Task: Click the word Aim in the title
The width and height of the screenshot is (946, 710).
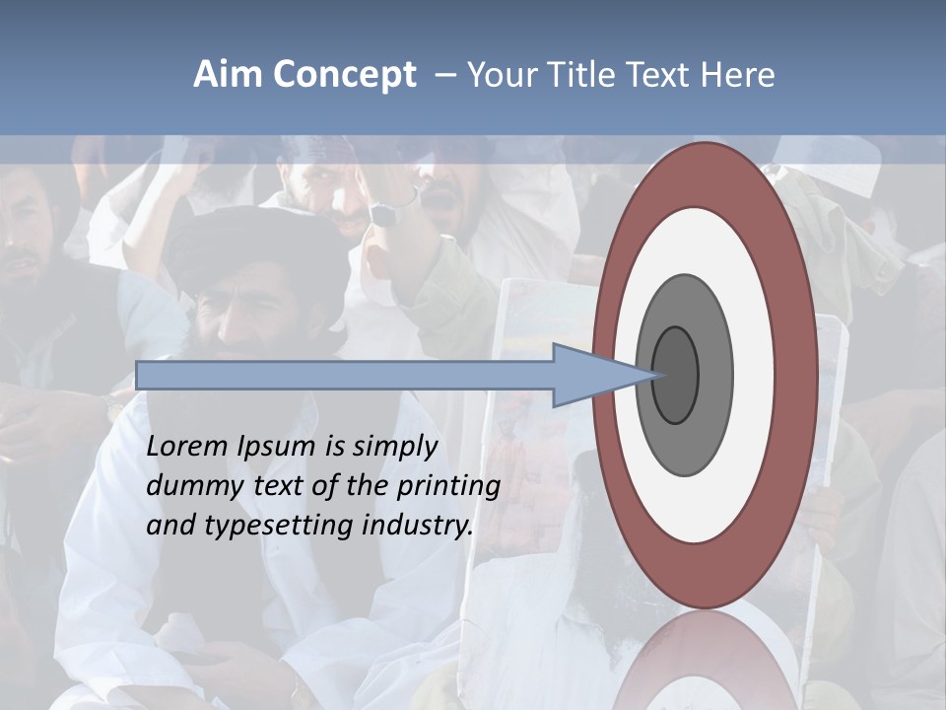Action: [x=229, y=75]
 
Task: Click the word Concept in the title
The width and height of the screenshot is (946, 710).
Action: [x=344, y=75]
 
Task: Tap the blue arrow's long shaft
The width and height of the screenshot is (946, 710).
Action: [x=345, y=375]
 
